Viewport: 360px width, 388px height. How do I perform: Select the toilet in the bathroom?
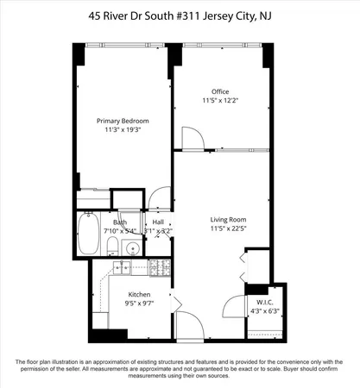click(x=113, y=248)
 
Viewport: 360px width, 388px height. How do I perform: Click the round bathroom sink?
click(x=130, y=249)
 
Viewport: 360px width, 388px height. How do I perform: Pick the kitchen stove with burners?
click(x=159, y=268)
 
